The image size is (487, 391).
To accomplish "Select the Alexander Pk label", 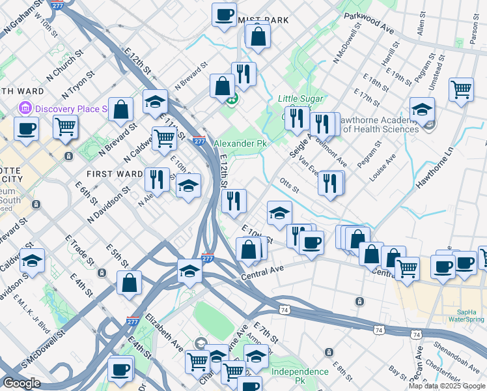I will point(241,143).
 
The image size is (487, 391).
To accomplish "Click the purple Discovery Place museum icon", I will point(25,108).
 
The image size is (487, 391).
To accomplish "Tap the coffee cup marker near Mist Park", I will point(223,15).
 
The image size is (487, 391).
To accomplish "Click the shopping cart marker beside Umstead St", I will point(461,89).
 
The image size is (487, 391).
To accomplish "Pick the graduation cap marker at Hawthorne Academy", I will point(422,109).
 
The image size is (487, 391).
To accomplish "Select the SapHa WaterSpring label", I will point(466,315).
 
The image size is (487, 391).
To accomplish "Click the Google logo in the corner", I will point(21,383).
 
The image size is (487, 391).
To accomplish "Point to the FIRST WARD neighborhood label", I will point(115,174).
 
